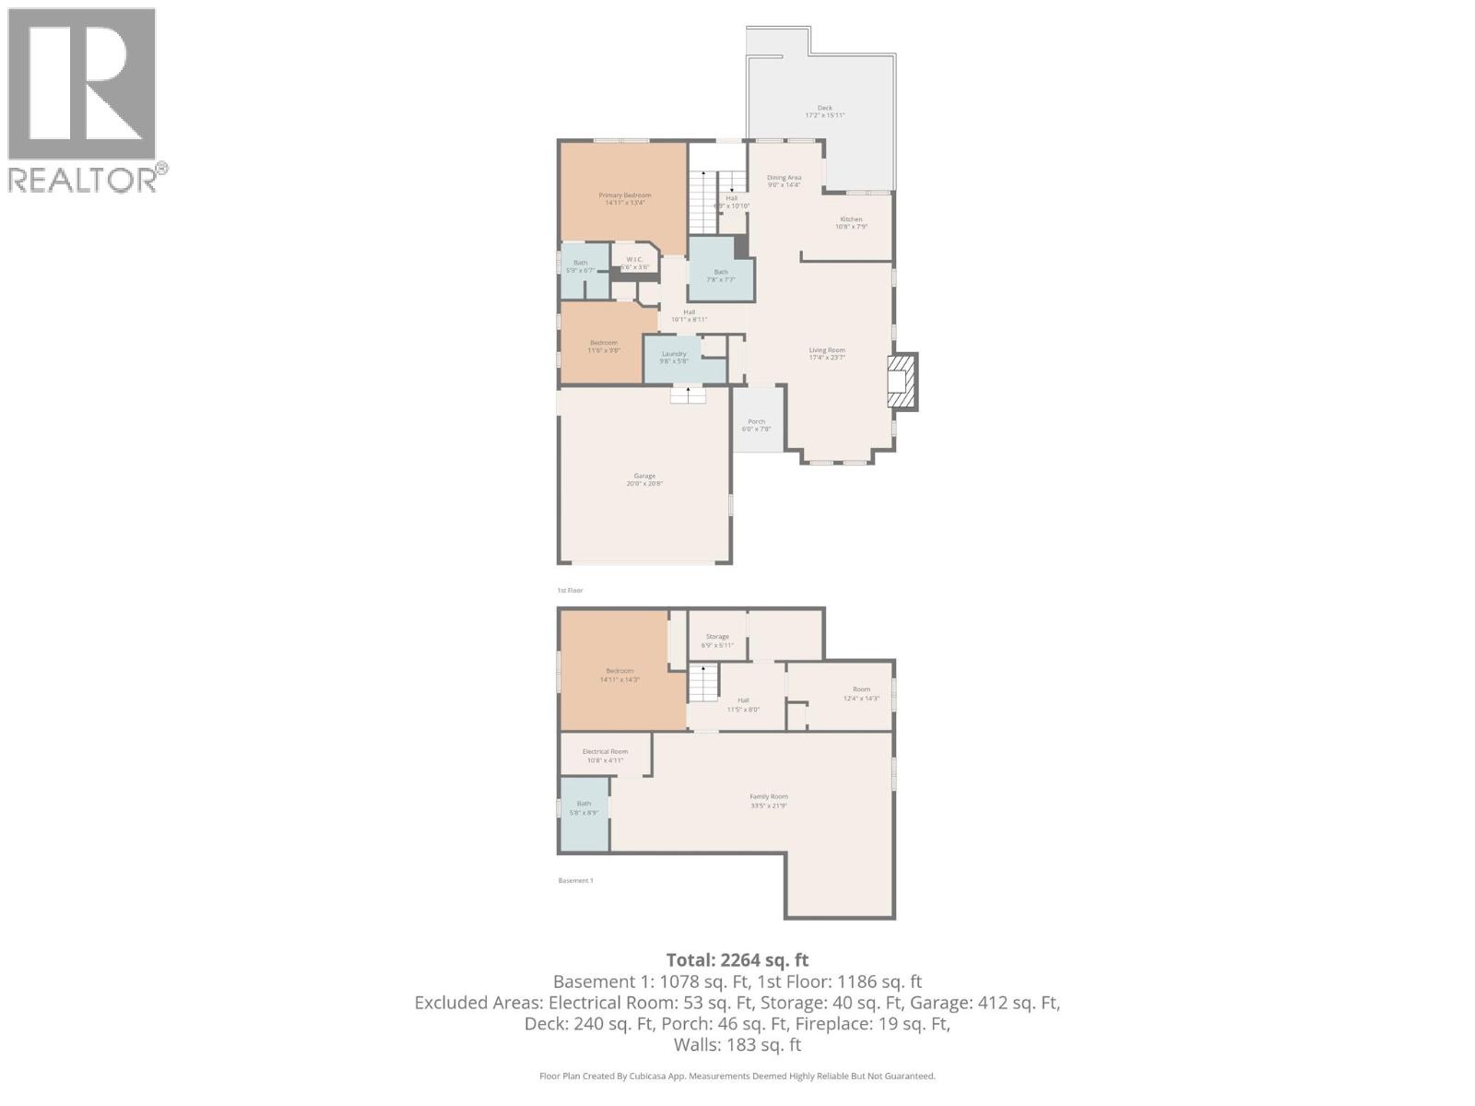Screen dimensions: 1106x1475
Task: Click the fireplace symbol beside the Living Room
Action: tap(901, 382)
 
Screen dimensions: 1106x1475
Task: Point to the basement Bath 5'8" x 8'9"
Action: tap(584, 807)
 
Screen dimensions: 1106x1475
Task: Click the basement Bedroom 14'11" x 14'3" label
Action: tap(619, 675)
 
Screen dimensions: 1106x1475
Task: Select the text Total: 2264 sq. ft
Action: tap(737, 959)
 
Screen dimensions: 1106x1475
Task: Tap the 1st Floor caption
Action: tap(570, 590)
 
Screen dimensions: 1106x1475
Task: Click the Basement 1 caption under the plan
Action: tap(575, 880)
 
